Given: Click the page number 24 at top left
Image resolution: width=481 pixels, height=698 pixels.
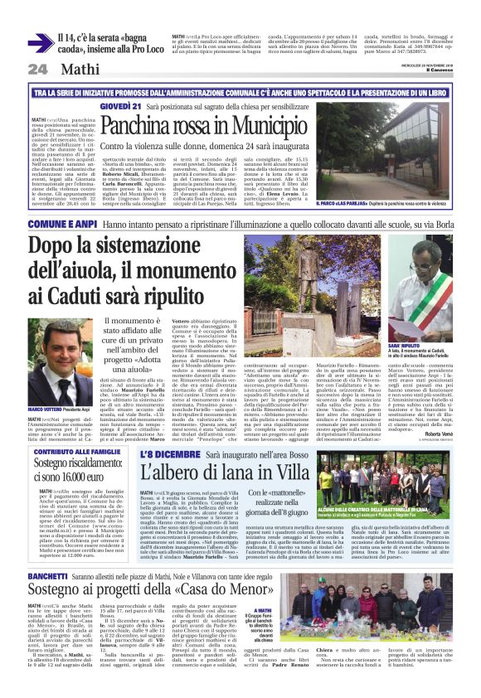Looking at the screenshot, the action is tap(37, 69).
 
